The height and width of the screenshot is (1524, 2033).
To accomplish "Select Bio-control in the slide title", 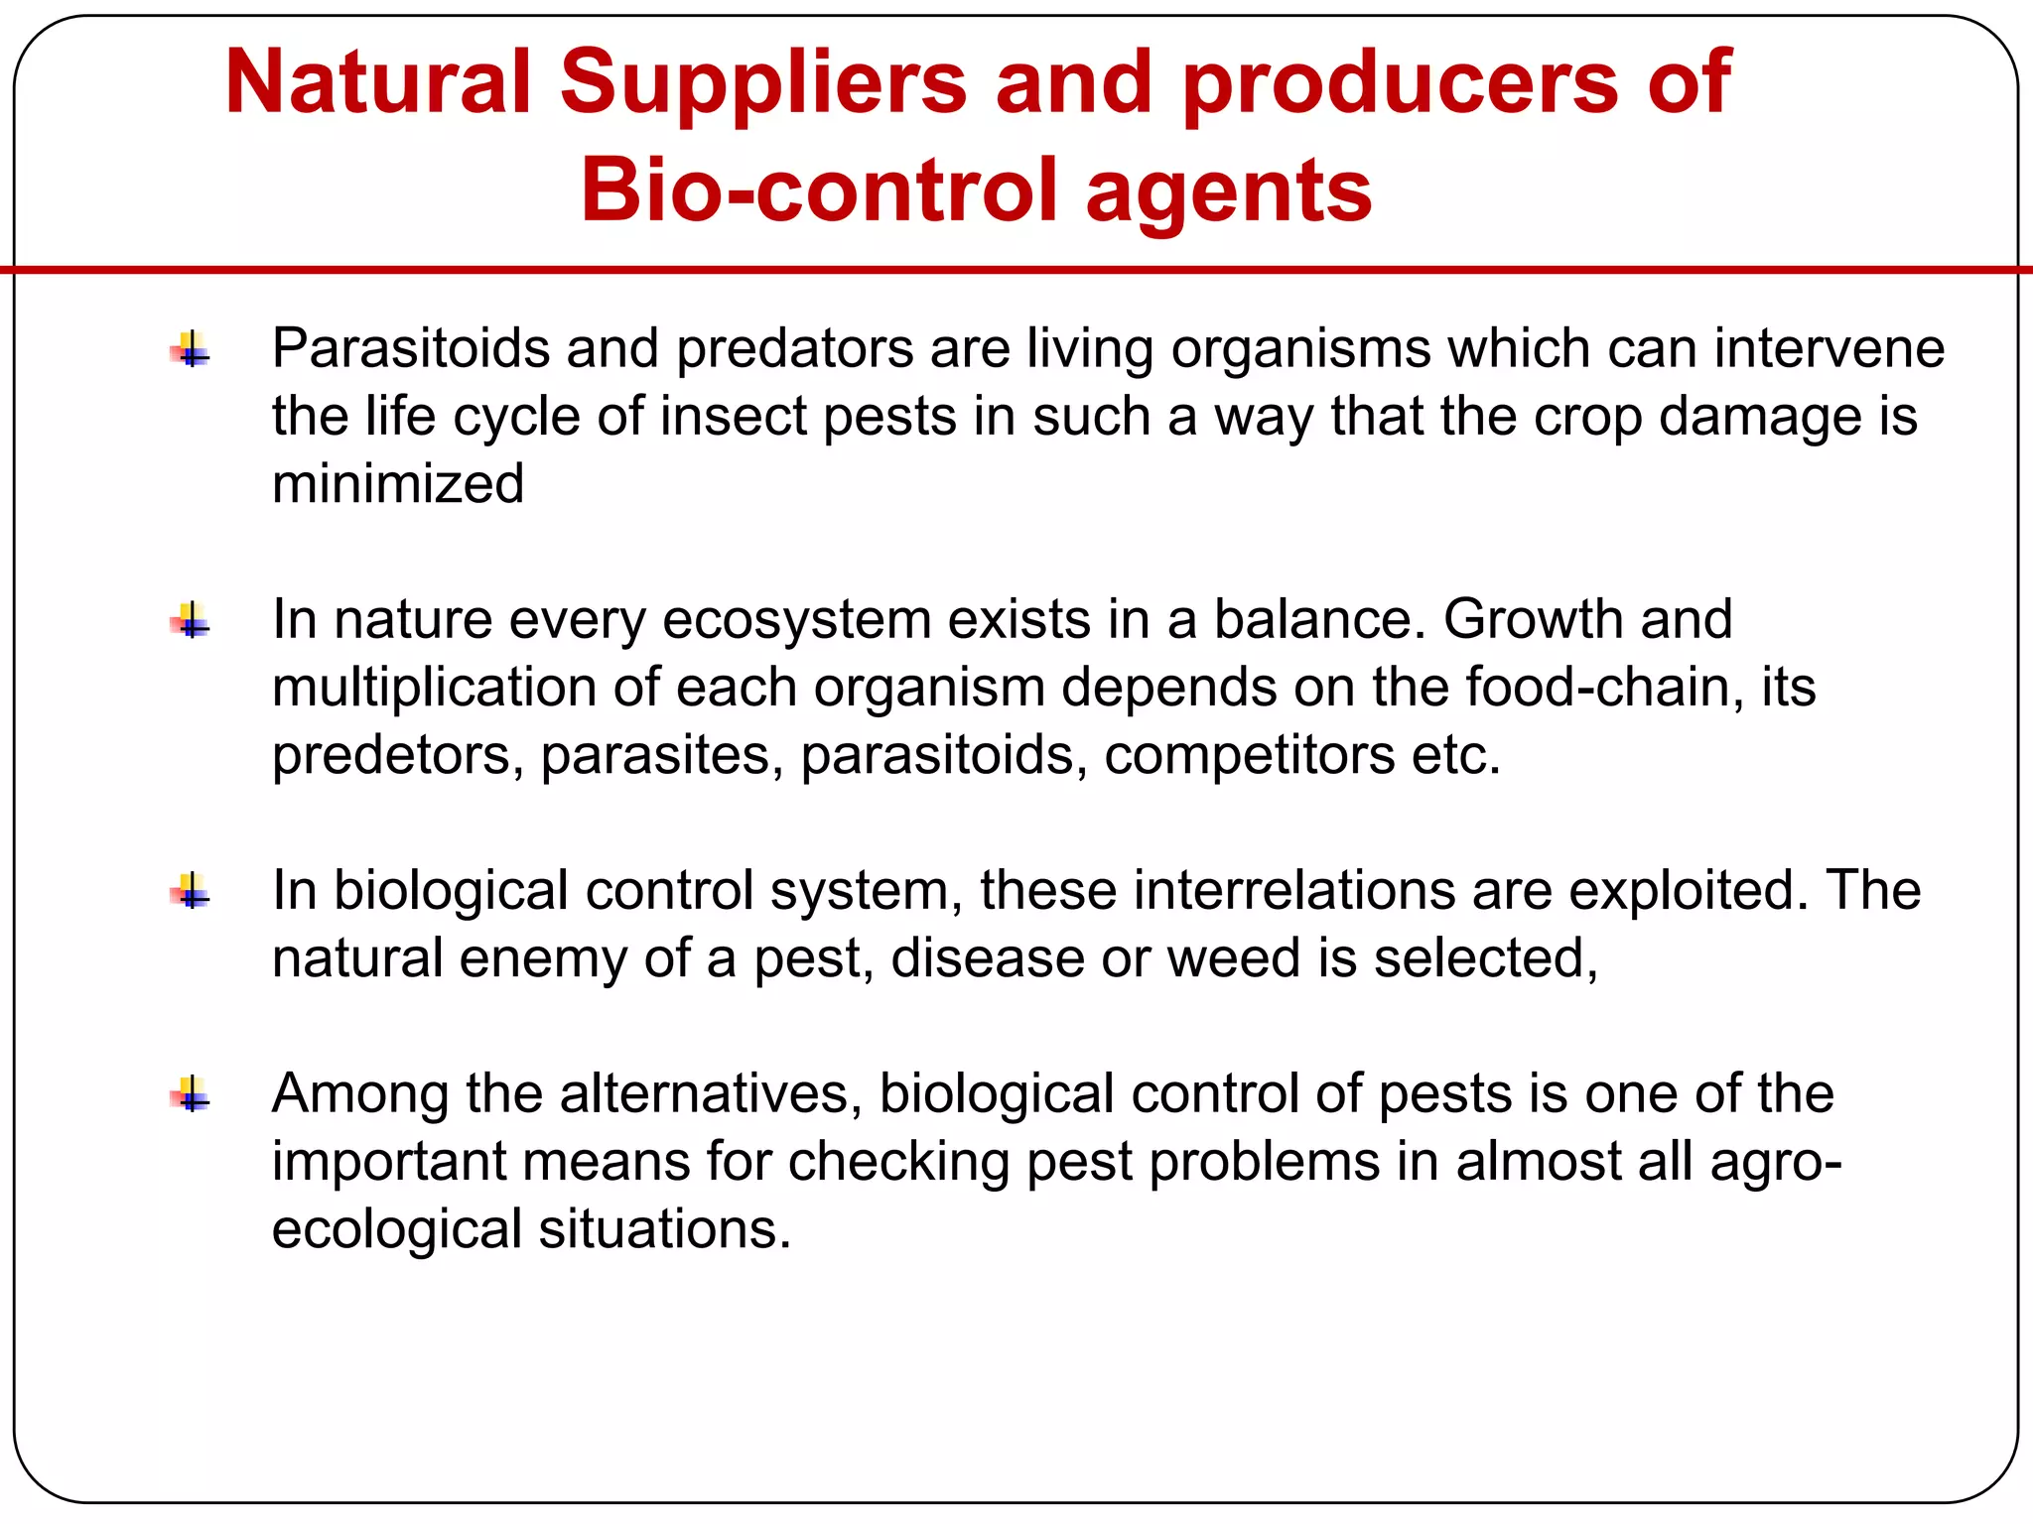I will pyautogui.click(x=819, y=190).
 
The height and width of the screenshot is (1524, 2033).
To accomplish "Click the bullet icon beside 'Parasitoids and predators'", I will pyautogui.click(x=191, y=350).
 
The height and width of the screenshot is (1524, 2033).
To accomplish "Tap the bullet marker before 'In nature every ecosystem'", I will pyautogui.click(x=191, y=621).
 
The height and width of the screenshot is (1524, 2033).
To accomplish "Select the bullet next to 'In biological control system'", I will pyautogui.click(x=191, y=892).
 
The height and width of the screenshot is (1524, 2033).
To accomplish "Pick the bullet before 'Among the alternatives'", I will pyautogui.click(x=191, y=1095).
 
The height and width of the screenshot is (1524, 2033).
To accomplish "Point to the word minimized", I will pyautogui.click(x=398, y=484).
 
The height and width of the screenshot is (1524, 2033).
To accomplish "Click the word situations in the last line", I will pyautogui.click(x=664, y=1229).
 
